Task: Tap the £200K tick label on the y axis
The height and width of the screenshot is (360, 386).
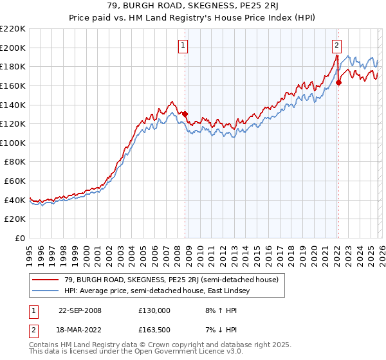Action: pyautogui.click(x=13, y=48)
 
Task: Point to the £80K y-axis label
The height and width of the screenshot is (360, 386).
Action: pyautogui.click(x=15, y=162)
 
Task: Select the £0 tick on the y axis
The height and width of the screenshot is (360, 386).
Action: pyautogui.click(x=21, y=239)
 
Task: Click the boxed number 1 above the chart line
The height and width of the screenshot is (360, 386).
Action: pyautogui.click(x=183, y=45)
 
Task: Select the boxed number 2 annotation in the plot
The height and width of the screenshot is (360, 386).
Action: pyautogui.click(x=336, y=45)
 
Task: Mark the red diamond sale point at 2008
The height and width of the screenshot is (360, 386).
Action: pyautogui.click(x=185, y=114)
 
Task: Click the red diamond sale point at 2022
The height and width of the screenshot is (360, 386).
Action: pyautogui.click(x=338, y=82)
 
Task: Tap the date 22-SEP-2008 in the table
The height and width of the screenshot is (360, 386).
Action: pyautogui.click(x=80, y=310)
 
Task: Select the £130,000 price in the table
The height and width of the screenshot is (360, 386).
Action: pyautogui.click(x=154, y=310)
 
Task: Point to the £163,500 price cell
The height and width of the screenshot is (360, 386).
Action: pyautogui.click(x=154, y=332)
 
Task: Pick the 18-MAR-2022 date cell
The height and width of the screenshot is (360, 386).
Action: pyautogui.click(x=80, y=332)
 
